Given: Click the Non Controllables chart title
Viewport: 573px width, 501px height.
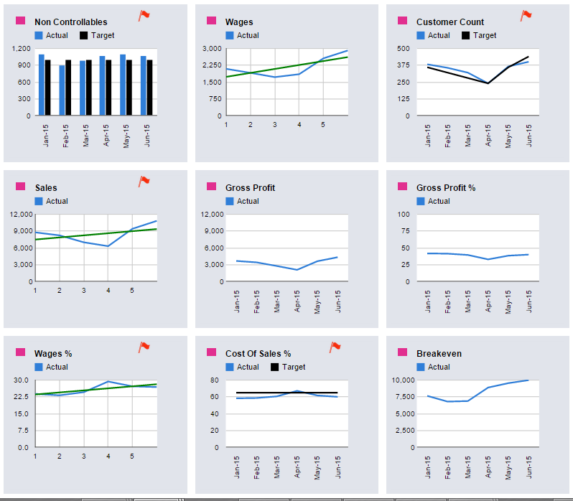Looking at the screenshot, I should pyautogui.click(x=70, y=22).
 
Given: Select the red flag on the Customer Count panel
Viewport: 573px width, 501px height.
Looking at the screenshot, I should pyautogui.click(x=526, y=15).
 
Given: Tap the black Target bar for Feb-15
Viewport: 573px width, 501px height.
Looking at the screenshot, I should pyautogui.click(x=68, y=87).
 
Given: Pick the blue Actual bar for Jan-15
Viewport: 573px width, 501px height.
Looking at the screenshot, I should pyautogui.click(x=42, y=84).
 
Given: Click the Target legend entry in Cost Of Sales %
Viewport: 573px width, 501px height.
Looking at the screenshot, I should pyautogui.click(x=294, y=367).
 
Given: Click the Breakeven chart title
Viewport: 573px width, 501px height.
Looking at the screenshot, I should pyautogui.click(x=439, y=354).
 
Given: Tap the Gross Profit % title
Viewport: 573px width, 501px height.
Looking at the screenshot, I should pyautogui.click(x=445, y=188).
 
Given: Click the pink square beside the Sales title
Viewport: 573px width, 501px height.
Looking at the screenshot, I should pyautogui.click(x=20, y=187).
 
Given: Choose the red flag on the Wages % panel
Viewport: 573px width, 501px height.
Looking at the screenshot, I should pyautogui.click(x=144, y=347).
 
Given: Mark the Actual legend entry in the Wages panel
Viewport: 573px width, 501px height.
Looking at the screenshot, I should pyautogui.click(x=248, y=35).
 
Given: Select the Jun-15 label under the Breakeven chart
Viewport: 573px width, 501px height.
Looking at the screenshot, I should pyautogui.click(x=529, y=466).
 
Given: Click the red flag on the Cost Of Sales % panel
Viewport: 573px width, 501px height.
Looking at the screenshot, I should pyautogui.click(x=335, y=347).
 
